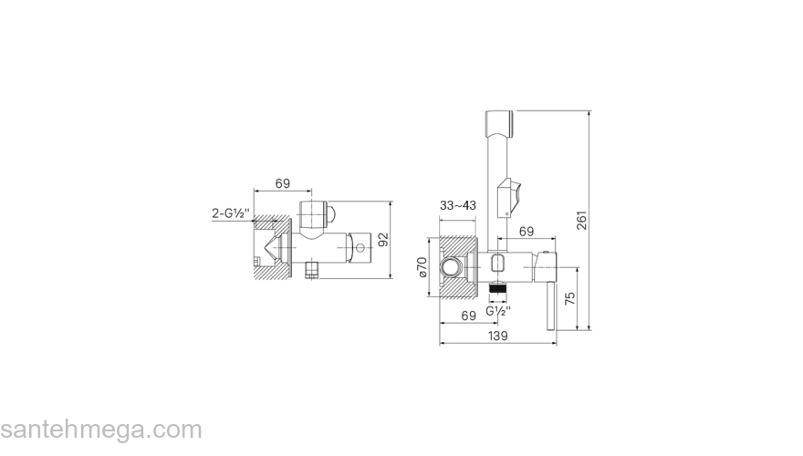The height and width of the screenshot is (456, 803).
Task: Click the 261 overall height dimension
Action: tap(582, 220)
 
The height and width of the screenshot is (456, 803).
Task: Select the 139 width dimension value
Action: tap(498, 336)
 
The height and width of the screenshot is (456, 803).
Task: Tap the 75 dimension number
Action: tap(570, 298)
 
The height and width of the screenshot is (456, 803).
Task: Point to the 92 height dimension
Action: tap(383, 240)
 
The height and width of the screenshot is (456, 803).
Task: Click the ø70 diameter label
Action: tap(422, 267)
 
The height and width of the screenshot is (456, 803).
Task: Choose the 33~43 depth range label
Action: tap(458, 206)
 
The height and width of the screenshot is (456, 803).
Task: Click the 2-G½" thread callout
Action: tap(231, 213)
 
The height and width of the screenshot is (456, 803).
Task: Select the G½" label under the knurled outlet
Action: tap(498, 311)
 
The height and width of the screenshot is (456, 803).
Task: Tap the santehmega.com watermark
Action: tap(101, 430)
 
